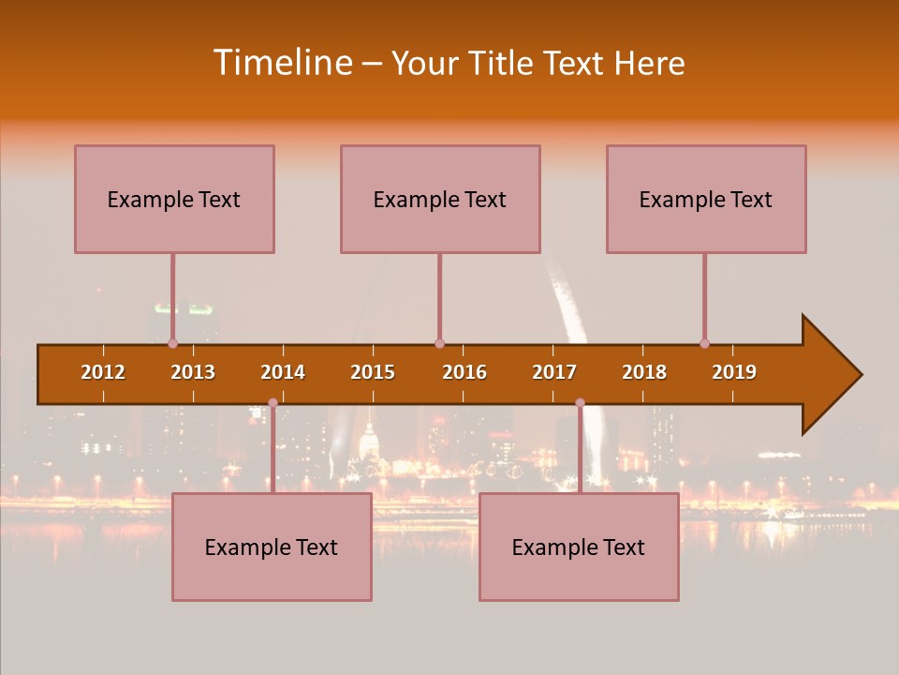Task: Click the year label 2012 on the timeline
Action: click(x=103, y=372)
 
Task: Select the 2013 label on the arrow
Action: click(x=193, y=372)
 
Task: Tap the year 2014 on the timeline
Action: click(x=283, y=372)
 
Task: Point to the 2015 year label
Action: click(x=373, y=372)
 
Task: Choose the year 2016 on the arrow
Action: click(x=464, y=372)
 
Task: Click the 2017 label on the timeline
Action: click(x=554, y=372)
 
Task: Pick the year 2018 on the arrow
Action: click(x=644, y=372)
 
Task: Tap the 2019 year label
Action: click(x=734, y=372)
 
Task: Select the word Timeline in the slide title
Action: click(x=281, y=63)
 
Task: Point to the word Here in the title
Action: click(x=649, y=63)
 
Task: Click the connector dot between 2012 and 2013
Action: click(x=172, y=343)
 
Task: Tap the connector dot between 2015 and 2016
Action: click(x=439, y=343)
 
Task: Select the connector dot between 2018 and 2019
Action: click(x=704, y=343)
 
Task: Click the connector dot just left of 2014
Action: click(x=273, y=402)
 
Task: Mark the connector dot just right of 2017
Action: click(x=580, y=402)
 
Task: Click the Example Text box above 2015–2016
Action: click(x=440, y=199)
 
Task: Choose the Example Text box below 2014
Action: click(x=272, y=547)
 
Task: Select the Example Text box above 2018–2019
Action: click(x=706, y=199)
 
